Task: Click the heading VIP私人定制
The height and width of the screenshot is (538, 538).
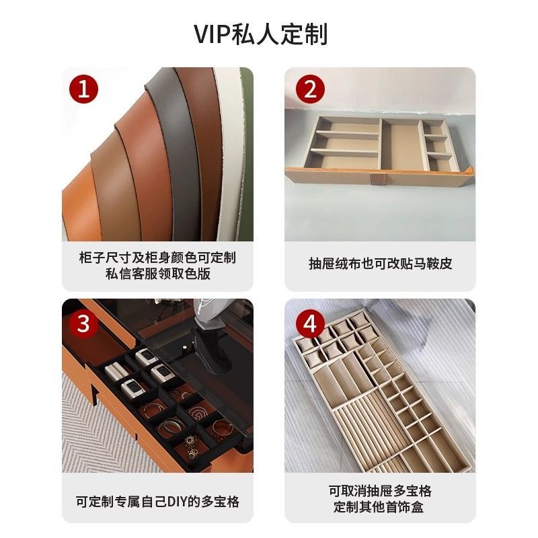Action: click(x=261, y=34)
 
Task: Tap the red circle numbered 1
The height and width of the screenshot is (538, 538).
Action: click(x=83, y=89)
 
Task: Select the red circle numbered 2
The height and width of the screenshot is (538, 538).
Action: click(x=310, y=89)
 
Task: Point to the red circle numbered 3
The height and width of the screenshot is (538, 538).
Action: click(x=83, y=323)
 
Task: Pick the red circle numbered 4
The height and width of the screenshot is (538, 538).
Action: click(x=310, y=323)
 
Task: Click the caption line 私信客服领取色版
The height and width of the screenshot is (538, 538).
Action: click(x=158, y=274)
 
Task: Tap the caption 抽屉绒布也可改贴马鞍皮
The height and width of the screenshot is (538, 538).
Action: click(x=380, y=264)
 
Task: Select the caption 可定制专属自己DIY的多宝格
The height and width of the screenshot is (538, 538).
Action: click(x=157, y=502)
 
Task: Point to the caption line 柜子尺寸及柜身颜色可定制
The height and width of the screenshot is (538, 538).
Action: click(x=157, y=258)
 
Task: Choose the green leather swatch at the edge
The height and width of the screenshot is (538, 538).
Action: click(x=247, y=137)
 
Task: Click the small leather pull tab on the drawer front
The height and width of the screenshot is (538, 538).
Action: click(x=375, y=179)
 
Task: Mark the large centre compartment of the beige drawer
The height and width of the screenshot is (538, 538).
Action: click(x=401, y=146)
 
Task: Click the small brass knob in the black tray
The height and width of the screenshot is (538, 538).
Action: click(x=185, y=348)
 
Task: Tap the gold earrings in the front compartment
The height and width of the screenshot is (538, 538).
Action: click(x=192, y=445)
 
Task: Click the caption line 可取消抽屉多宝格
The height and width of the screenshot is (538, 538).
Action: click(x=380, y=491)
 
